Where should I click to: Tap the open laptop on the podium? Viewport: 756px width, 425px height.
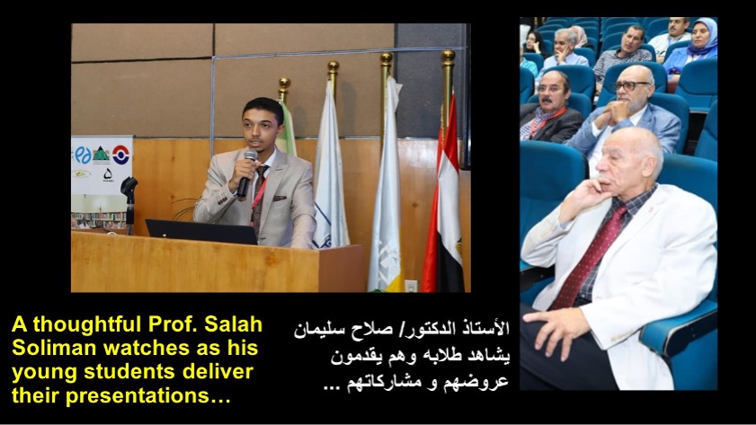[202, 232]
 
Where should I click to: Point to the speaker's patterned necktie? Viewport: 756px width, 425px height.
[258, 197]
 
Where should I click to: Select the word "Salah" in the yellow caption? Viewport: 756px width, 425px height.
[234, 324]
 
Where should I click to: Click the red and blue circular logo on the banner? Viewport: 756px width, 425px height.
[120, 155]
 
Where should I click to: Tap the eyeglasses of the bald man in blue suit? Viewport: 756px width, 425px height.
[629, 86]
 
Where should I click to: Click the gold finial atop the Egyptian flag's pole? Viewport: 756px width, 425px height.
[448, 58]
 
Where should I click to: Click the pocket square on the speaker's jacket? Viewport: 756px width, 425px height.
[280, 198]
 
